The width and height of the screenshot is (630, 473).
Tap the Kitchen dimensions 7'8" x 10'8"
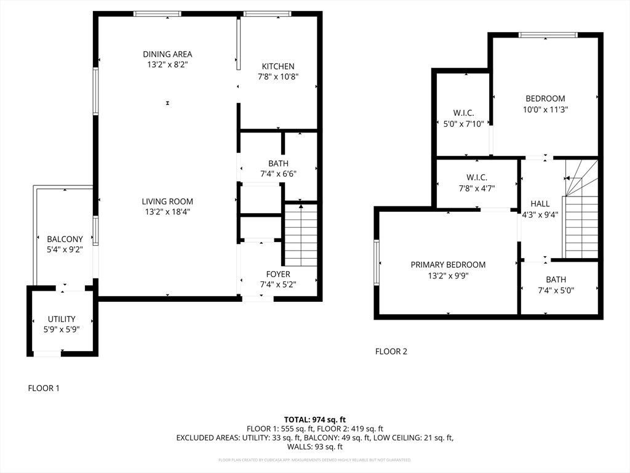(278, 77)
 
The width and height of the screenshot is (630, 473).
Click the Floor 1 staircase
(301, 235)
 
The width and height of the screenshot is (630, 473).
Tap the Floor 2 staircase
(580, 209)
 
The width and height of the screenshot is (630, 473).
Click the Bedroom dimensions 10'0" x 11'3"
(545, 110)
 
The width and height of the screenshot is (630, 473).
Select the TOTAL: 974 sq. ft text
(315, 420)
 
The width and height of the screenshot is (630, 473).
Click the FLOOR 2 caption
(391, 352)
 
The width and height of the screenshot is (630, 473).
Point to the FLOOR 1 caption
(44, 388)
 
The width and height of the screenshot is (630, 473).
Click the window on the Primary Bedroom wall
(377, 262)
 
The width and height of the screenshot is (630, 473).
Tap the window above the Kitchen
(267, 14)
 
